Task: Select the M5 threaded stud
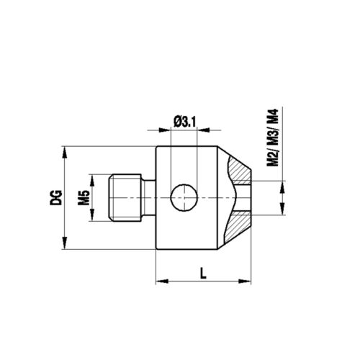(126, 196)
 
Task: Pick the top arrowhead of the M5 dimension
(91, 177)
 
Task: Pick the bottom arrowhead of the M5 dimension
(91, 216)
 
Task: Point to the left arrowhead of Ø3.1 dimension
(167, 131)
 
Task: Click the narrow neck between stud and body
(150, 196)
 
